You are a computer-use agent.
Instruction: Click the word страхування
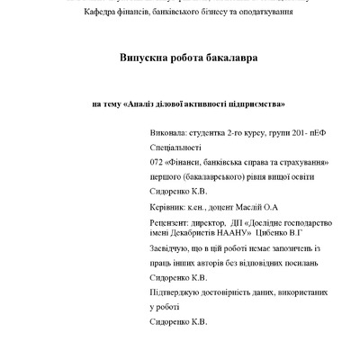302,162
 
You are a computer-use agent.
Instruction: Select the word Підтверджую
179,292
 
